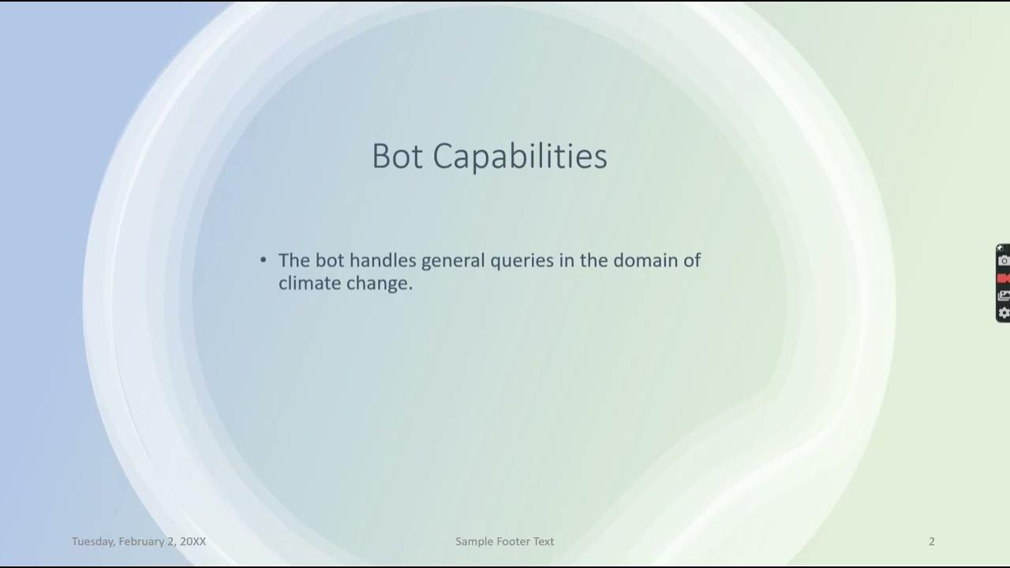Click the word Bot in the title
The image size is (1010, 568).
(397, 156)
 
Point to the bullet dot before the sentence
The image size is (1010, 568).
(264, 260)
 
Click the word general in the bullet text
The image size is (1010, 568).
(453, 260)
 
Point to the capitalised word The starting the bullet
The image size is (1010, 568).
(294, 260)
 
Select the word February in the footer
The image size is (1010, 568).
(143, 541)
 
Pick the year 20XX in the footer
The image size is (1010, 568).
(193, 541)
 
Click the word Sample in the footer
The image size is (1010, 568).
(473, 541)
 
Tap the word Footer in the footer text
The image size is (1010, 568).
(512, 541)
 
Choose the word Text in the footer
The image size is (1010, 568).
(544, 541)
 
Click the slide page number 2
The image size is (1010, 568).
(932, 541)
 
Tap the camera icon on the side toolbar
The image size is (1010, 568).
(1004, 260)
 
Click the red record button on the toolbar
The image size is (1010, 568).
(1004, 278)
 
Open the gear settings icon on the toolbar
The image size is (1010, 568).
(1004, 313)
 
